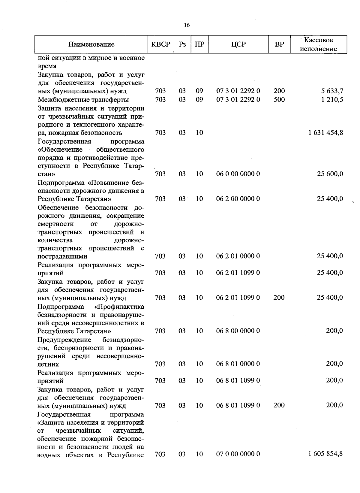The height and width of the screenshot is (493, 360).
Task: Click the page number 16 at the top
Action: [x=187, y=25]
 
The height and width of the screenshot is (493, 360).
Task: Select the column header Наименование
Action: [x=91, y=44]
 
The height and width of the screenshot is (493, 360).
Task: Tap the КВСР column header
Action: [x=161, y=44]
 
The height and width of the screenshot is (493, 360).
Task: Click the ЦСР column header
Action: [x=238, y=44]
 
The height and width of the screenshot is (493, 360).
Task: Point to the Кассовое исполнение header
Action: [x=318, y=44]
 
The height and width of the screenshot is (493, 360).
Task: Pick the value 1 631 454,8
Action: [x=325, y=132]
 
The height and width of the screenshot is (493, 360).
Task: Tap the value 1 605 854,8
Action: [x=325, y=454]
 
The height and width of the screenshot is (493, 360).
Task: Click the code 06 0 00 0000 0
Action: [x=238, y=174]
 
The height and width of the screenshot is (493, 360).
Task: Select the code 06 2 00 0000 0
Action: [x=238, y=199]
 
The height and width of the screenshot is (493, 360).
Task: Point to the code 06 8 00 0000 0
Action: [x=238, y=331]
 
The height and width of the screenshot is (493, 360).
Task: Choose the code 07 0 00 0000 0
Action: [x=238, y=454]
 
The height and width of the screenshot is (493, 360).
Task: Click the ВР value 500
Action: [x=279, y=99]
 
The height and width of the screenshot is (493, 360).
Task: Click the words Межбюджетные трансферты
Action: [x=83, y=99]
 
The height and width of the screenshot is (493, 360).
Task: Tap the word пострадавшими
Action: [x=62, y=256]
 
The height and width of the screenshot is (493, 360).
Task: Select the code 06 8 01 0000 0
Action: [x=238, y=364]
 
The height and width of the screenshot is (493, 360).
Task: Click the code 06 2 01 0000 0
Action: [x=238, y=256]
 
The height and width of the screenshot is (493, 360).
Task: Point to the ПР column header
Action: [x=199, y=44]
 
